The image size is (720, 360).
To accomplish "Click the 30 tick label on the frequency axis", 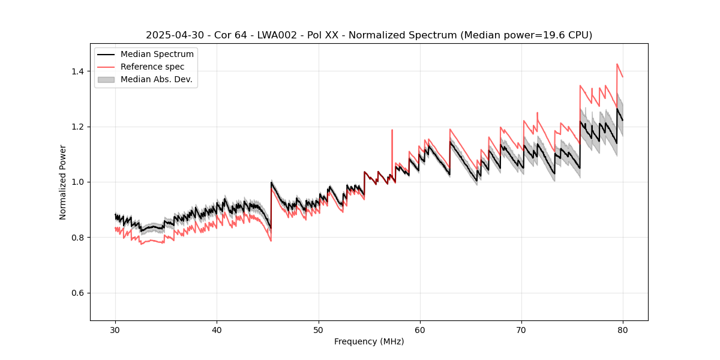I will (x=115, y=330).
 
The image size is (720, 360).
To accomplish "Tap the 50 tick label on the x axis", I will (x=319, y=330).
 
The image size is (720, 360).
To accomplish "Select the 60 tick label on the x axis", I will (x=420, y=330).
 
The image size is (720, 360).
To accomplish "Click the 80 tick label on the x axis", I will (x=623, y=330).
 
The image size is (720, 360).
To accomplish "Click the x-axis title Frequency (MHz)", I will (x=369, y=341).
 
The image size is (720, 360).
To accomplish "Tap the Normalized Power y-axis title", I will (x=63, y=182).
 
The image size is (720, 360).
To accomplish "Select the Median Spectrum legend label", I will (x=157, y=55).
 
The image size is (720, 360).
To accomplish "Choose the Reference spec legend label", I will (x=152, y=67).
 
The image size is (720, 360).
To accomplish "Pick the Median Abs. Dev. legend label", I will (x=156, y=79).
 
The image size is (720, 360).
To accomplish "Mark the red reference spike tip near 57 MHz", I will (x=392, y=130).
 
